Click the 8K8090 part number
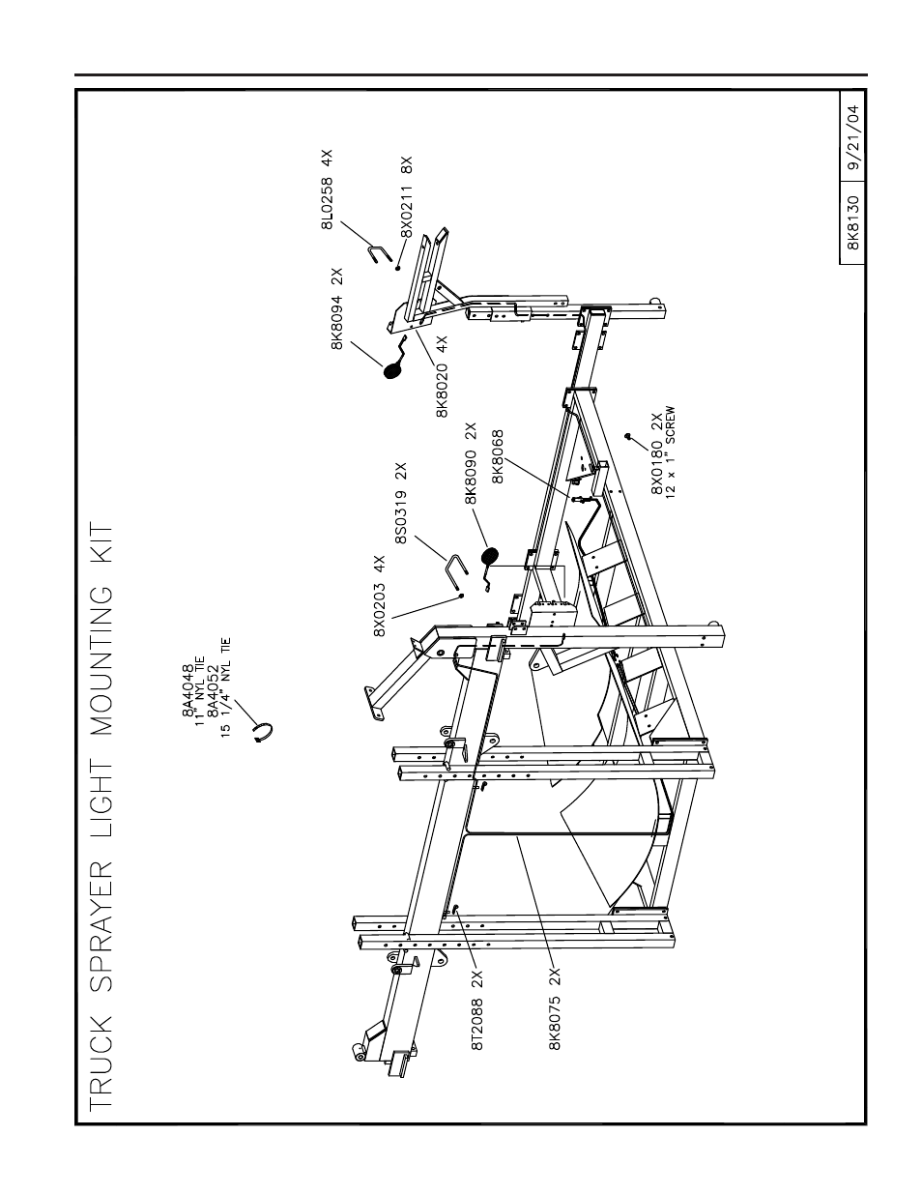[x=471, y=477]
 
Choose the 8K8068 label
[x=498, y=456]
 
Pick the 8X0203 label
[x=380, y=609]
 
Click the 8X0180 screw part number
[x=657, y=468]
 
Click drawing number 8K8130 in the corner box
[x=853, y=222]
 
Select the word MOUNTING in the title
[x=101, y=661]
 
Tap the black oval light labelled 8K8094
[x=392, y=370]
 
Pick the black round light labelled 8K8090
[x=489, y=556]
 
